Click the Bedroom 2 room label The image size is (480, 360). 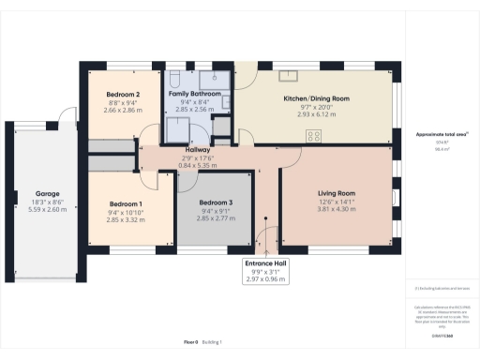click(123, 95)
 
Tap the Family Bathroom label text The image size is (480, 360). click(194, 95)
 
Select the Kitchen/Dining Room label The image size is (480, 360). click(316, 97)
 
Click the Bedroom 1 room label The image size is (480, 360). click(126, 203)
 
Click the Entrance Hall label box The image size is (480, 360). click(267, 264)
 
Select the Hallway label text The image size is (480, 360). click(197, 150)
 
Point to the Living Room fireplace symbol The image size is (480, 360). click(392, 197)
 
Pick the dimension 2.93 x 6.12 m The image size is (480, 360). click(316, 114)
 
